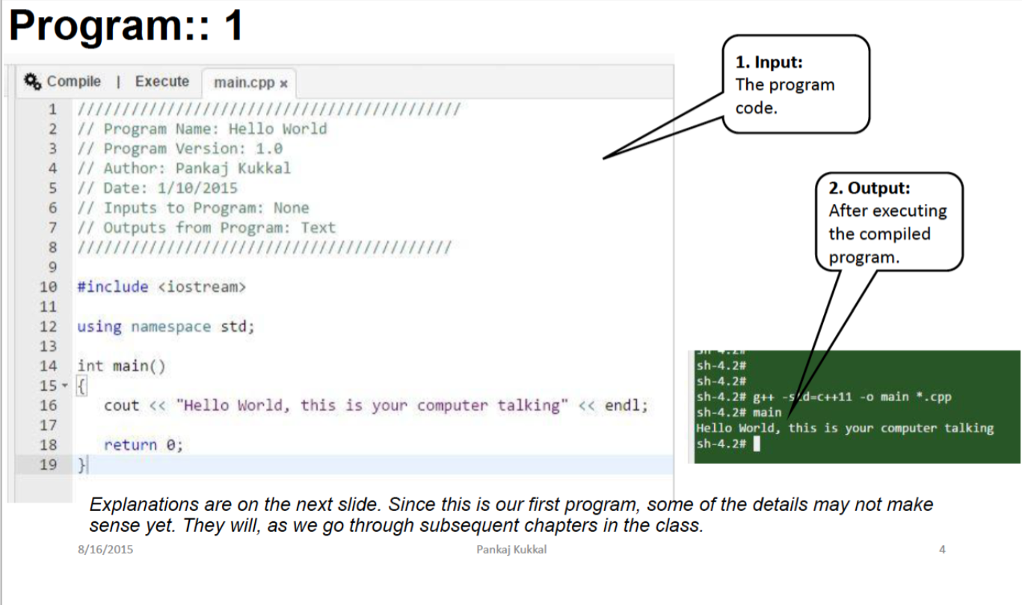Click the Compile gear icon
pos(32,81)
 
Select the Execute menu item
pos(162,81)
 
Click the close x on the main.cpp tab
pos(284,84)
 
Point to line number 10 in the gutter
pos(48,287)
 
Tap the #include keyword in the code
pos(113,287)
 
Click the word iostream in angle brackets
pos(202,287)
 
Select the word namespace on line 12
pos(171,327)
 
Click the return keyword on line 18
pos(131,444)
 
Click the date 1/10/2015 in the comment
pos(197,188)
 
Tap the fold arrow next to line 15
pos(65,385)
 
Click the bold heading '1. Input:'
pos(769,62)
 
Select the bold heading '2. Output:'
pos(869,187)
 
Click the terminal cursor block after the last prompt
pos(757,444)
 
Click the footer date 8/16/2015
pos(105,550)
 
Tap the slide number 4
pos(942,550)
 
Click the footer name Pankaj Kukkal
pos(511,550)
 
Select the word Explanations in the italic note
pos(144,505)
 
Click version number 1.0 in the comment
pos(269,149)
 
